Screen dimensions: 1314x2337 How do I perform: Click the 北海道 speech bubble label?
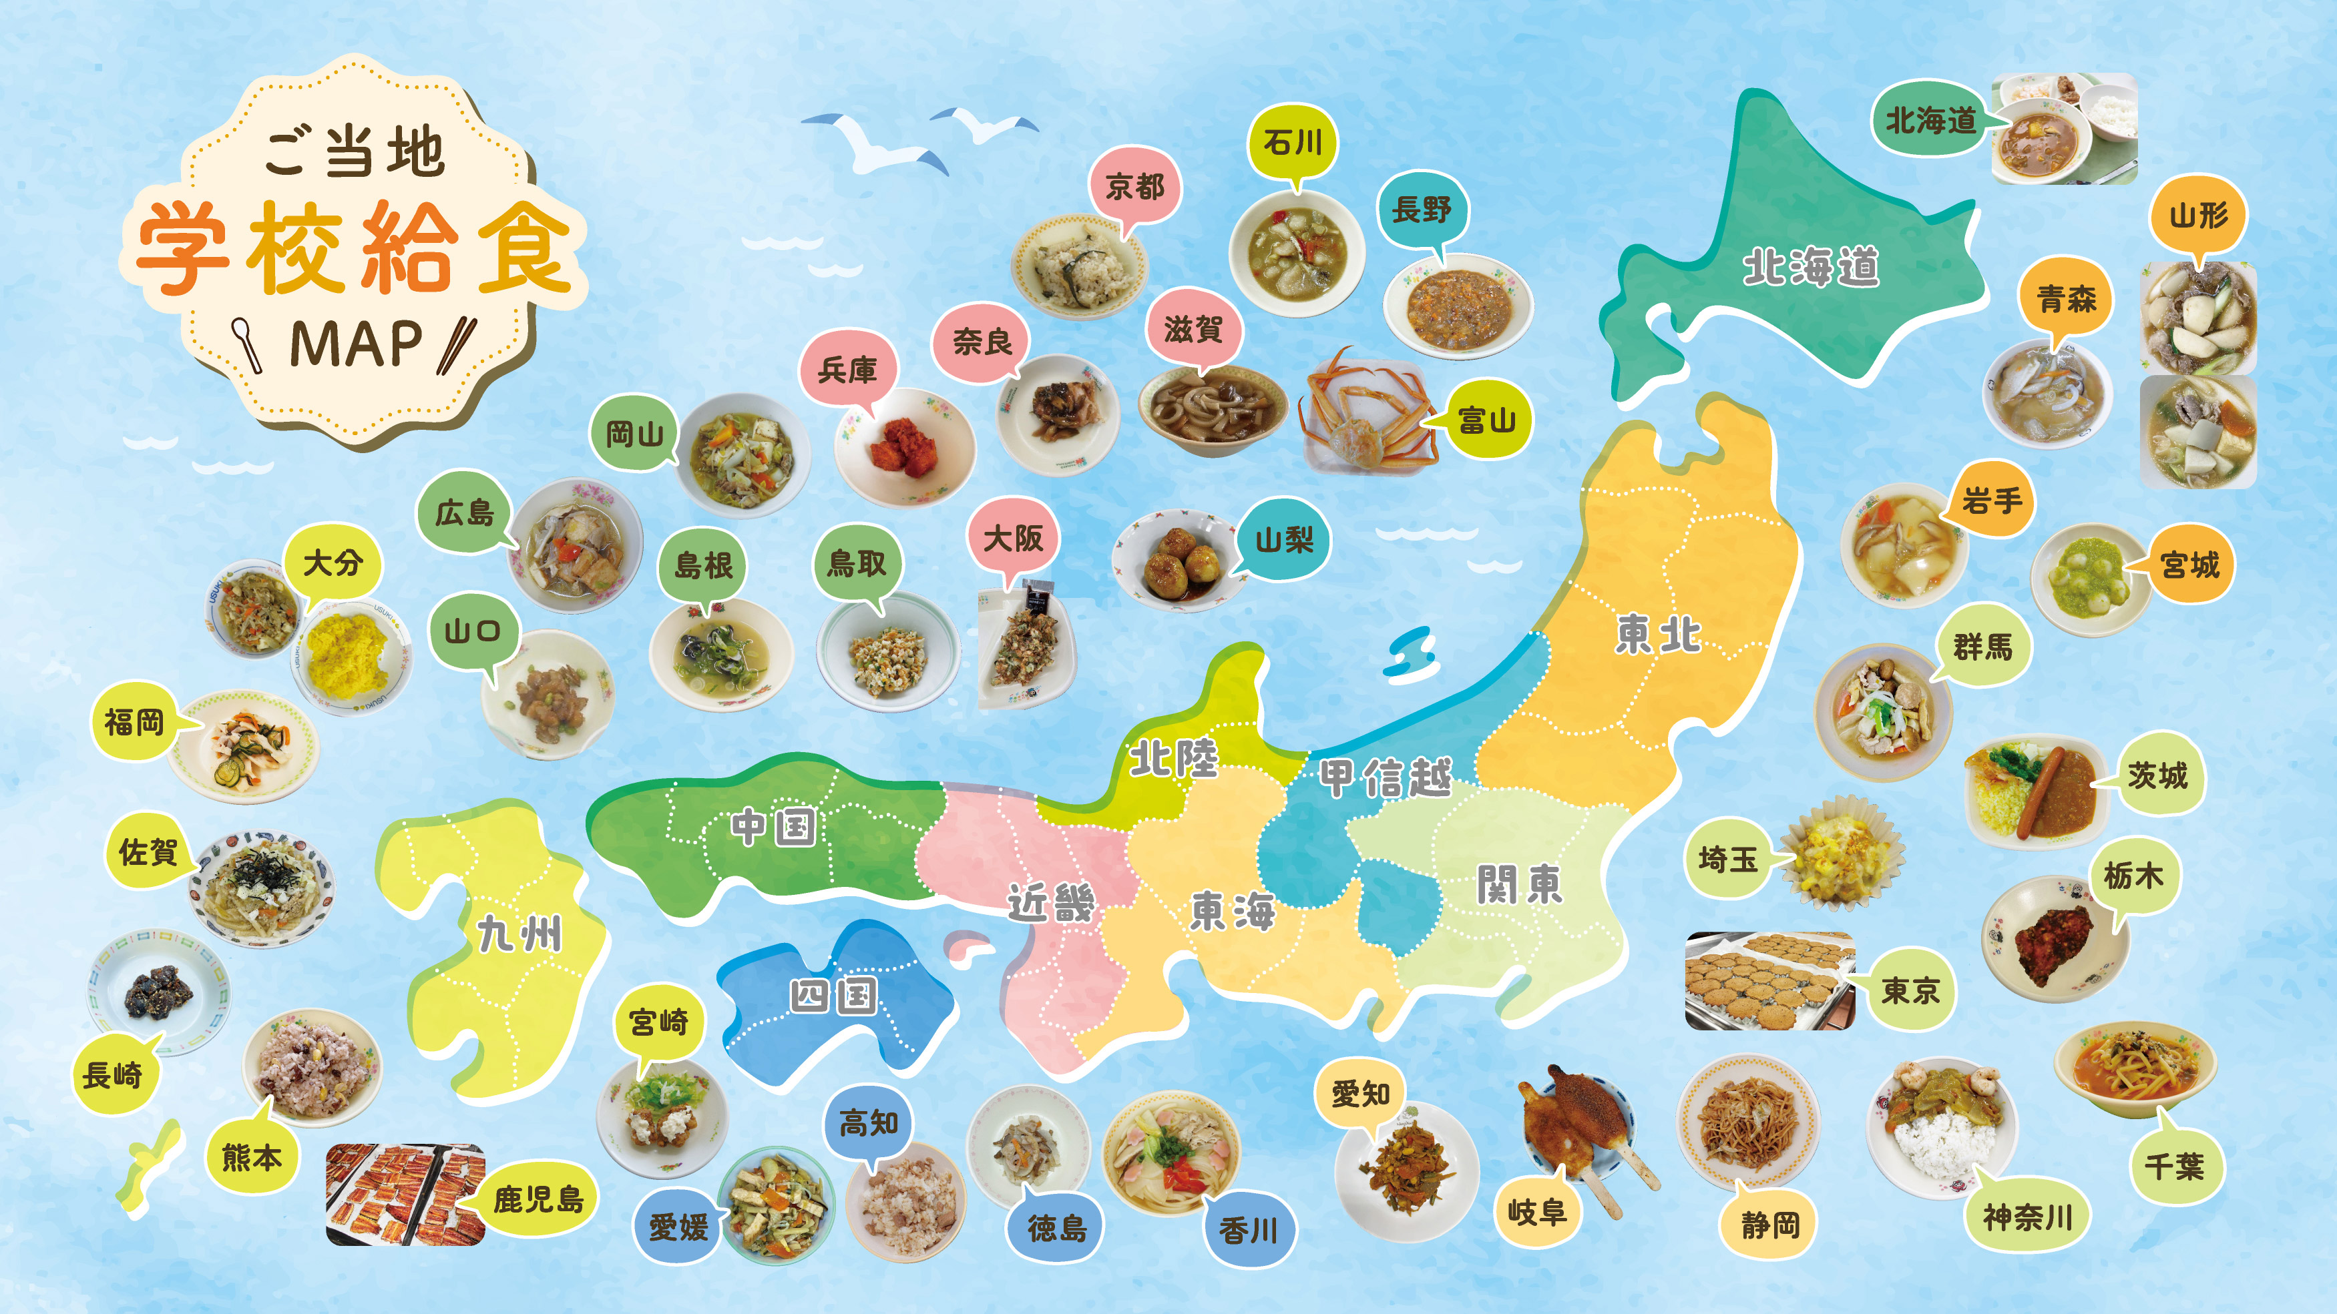coord(1929,121)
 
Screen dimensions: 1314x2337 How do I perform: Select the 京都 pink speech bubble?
coord(1134,188)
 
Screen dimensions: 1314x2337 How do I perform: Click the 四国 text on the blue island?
coord(833,996)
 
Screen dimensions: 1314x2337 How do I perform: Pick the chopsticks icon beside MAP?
coord(456,344)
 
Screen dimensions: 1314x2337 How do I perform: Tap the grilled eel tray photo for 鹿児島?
coord(405,1195)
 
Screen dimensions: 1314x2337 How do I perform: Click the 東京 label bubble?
coord(1910,990)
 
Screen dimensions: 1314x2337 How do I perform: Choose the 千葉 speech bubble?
coord(2173,1165)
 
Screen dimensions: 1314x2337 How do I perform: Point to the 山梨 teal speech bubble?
coord(1283,541)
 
